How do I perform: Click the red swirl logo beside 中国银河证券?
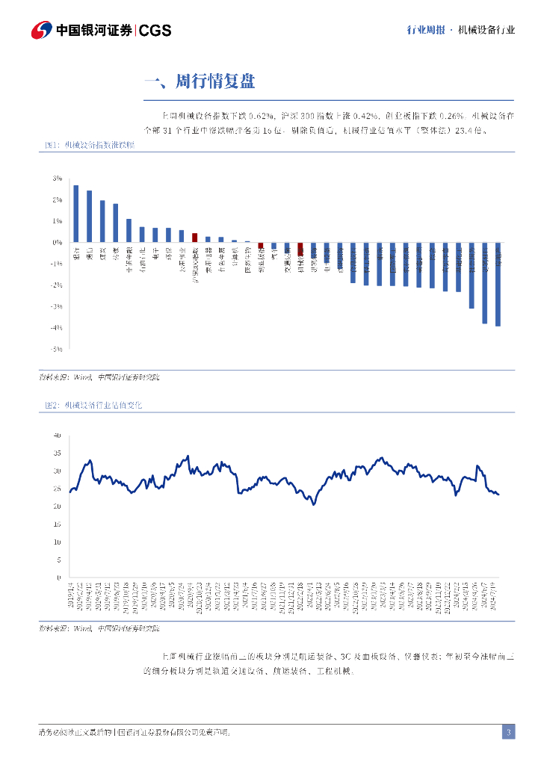point(42,30)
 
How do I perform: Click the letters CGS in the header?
point(155,31)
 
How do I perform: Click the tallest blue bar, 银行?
point(76,214)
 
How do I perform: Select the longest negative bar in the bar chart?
point(498,284)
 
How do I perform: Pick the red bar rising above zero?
point(195,238)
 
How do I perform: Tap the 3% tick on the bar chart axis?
point(57,179)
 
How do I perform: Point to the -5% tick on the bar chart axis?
point(56,349)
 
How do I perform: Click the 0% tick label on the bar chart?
point(57,243)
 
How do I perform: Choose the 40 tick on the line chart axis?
point(56,436)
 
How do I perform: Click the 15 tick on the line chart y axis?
point(56,524)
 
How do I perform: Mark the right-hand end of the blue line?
point(498,494)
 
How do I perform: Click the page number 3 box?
point(508,732)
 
